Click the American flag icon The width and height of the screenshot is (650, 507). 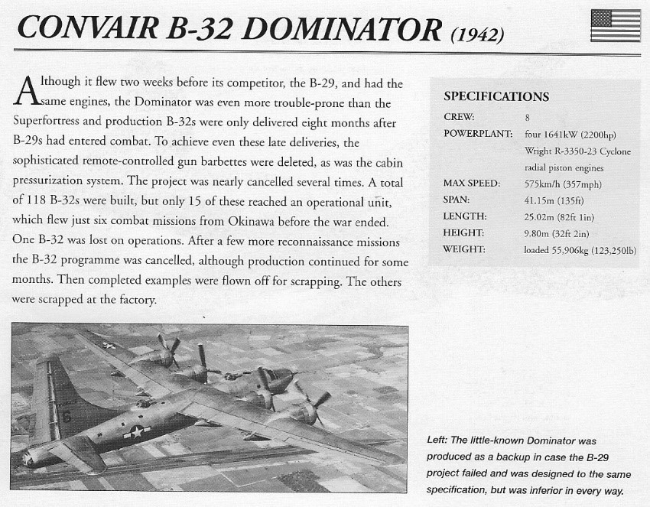[x=616, y=25]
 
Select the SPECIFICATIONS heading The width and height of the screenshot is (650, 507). [x=496, y=96]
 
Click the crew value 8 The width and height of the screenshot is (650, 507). [x=528, y=117]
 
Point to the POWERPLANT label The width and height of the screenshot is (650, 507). [x=478, y=134]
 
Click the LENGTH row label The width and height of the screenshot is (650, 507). [x=464, y=216]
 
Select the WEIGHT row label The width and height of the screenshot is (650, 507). [x=463, y=249]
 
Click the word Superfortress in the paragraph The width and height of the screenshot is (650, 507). [x=51, y=122]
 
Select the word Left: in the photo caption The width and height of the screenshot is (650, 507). [x=440, y=440]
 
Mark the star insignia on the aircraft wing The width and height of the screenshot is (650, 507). [x=110, y=345]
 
